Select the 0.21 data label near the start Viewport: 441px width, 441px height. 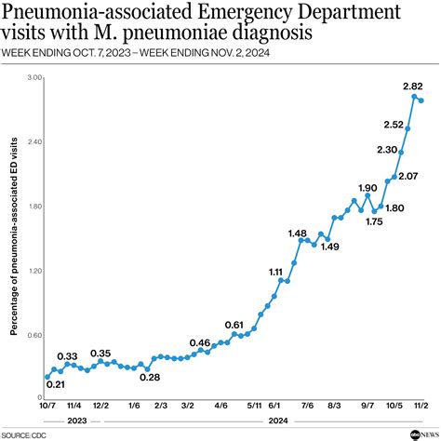pyautogui.click(x=55, y=385)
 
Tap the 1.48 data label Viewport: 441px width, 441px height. pyautogui.click(x=298, y=233)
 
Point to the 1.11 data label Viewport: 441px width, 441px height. pyautogui.click(x=276, y=272)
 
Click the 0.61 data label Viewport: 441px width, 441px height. pyautogui.click(x=234, y=324)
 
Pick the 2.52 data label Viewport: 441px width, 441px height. pyautogui.click(x=394, y=124)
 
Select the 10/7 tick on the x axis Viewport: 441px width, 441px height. pyautogui.click(x=47, y=407)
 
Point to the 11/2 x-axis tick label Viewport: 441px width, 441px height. pyautogui.click(x=420, y=407)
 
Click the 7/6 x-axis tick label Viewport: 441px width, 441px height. pyautogui.click(x=307, y=407)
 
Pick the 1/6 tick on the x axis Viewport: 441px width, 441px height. pyautogui.click(x=134, y=407)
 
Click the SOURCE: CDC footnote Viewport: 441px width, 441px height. pyautogui.click(x=25, y=434)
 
